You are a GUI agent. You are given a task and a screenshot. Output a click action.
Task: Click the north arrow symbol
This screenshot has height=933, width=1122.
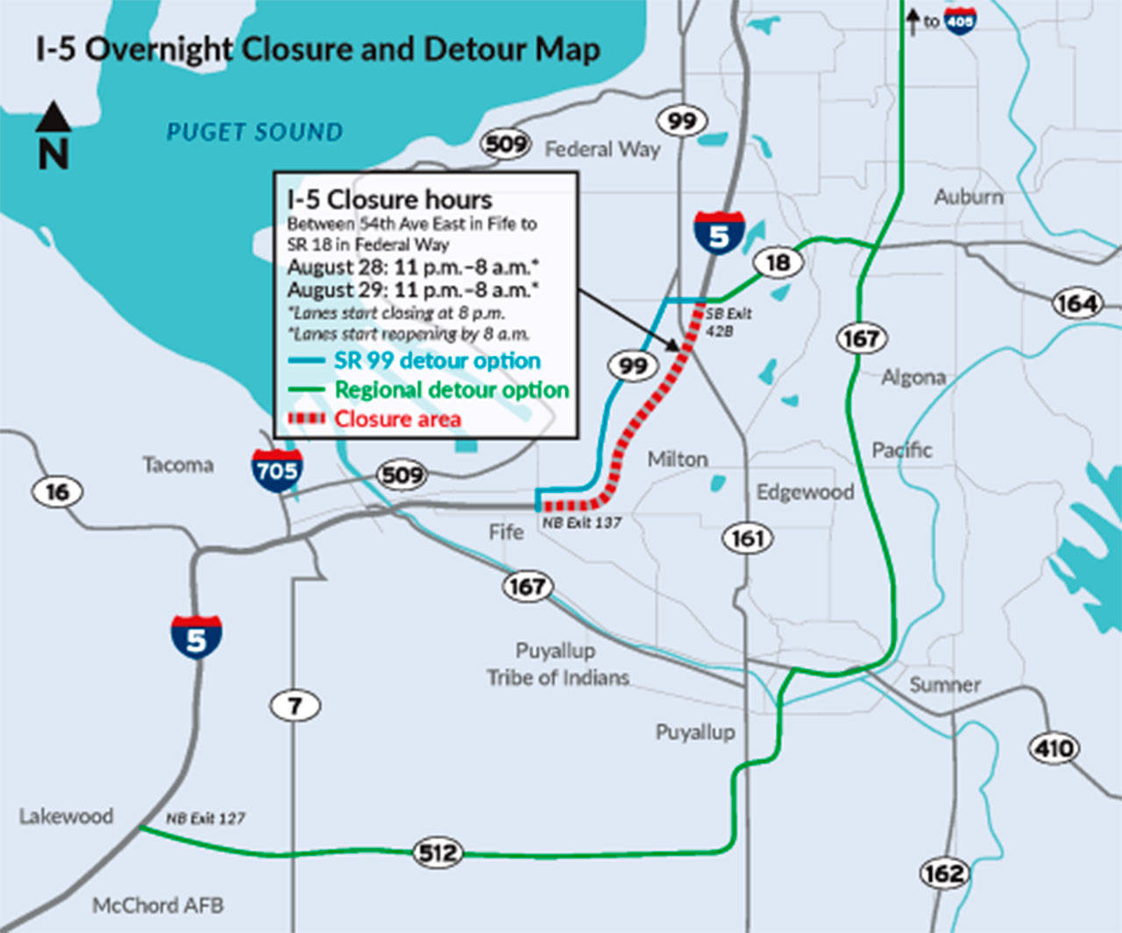tap(53, 118)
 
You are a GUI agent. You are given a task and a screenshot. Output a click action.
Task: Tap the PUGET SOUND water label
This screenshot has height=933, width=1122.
tap(254, 132)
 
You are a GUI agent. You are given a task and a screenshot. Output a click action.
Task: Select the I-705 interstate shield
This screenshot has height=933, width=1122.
tap(277, 470)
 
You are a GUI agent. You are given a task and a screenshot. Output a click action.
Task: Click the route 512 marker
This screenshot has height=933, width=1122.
tap(437, 852)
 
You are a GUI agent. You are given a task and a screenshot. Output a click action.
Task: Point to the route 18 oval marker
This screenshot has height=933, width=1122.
tap(778, 262)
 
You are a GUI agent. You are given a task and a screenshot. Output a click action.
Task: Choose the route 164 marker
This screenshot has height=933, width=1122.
tap(1076, 303)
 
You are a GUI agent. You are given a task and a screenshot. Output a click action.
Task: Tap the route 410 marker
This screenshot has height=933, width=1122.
tap(1053, 748)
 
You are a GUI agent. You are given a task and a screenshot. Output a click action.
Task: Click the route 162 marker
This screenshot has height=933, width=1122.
tap(944, 873)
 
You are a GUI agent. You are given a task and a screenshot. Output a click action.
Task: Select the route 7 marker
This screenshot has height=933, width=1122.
tap(295, 705)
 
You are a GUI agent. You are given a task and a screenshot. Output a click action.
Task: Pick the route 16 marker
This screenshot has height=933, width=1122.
tap(57, 492)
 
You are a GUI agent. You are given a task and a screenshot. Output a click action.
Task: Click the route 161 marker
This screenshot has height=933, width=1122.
tap(748, 538)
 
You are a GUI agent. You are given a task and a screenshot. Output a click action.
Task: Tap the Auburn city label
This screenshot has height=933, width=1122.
tap(968, 196)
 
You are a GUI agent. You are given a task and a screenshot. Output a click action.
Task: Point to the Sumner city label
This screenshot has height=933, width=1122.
tap(944, 685)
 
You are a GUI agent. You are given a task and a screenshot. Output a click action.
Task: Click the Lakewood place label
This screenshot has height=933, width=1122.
tap(67, 816)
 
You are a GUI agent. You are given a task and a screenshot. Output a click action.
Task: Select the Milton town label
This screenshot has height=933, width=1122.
tap(677, 459)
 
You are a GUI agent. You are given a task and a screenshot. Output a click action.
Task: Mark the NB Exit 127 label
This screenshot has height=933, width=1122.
tap(206, 818)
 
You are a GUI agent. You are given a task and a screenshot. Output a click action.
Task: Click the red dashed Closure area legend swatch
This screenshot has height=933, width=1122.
tap(306, 418)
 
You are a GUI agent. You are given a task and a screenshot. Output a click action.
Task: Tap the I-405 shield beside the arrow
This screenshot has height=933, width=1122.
tap(961, 20)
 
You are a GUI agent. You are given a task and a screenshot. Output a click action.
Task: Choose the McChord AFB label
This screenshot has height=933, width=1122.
tap(158, 905)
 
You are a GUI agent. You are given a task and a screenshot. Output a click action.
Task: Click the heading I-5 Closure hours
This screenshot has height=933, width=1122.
tap(389, 199)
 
